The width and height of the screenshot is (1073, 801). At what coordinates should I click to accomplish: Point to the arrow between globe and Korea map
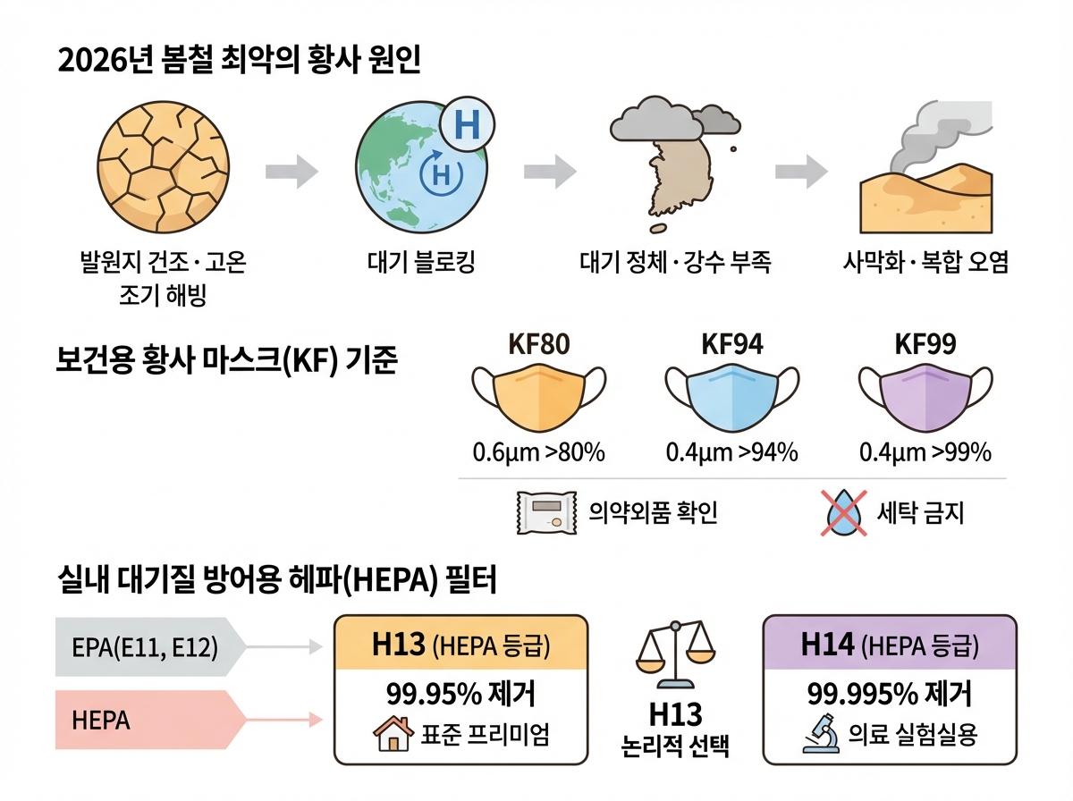[x=549, y=171]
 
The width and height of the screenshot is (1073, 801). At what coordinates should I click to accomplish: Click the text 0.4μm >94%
[x=731, y=452]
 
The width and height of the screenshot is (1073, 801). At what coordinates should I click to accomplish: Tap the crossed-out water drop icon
[x=843, y=513]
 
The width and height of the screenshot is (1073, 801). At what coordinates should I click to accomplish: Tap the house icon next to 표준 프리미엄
[x=391, y=735]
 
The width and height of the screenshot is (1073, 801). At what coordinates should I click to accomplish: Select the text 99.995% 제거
[x=889, y=694]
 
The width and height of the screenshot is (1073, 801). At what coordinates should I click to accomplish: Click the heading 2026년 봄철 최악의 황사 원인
[x=238, y=62]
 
